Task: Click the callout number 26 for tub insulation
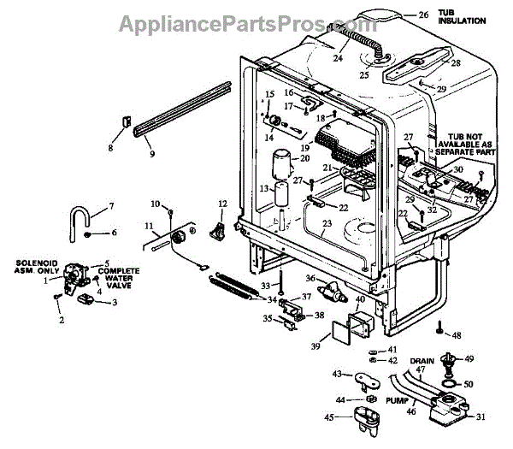pyautogui.click(x=422, y=15)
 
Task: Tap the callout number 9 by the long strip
pyautogui.click(x=151, y=155)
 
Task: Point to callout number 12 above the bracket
pyautogui.click(x=223, y=203)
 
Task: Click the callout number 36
pyautogui.click(x=310, y=279)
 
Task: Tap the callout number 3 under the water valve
pyautogui.click(x=115, y=303)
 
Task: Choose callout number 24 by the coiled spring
pyautogui.click(x=337, y=59)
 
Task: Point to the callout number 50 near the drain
pyautogui.click(x=469, y=385)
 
